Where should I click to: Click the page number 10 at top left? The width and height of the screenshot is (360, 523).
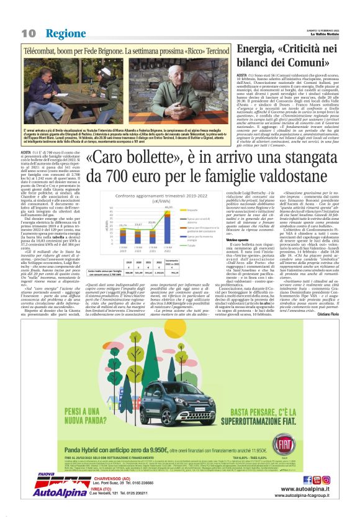pos(29,33)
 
